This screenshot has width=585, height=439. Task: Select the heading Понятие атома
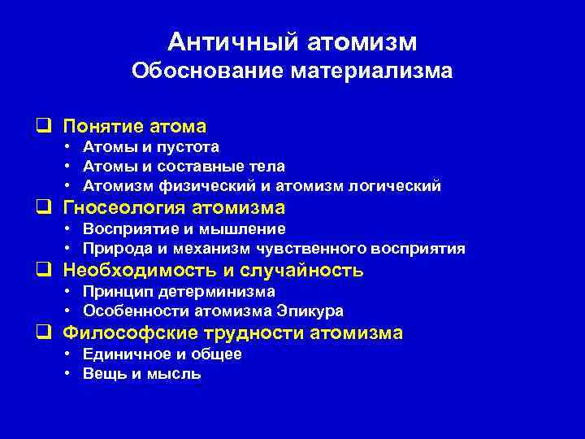135,126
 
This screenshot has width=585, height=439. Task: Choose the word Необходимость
132,271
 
